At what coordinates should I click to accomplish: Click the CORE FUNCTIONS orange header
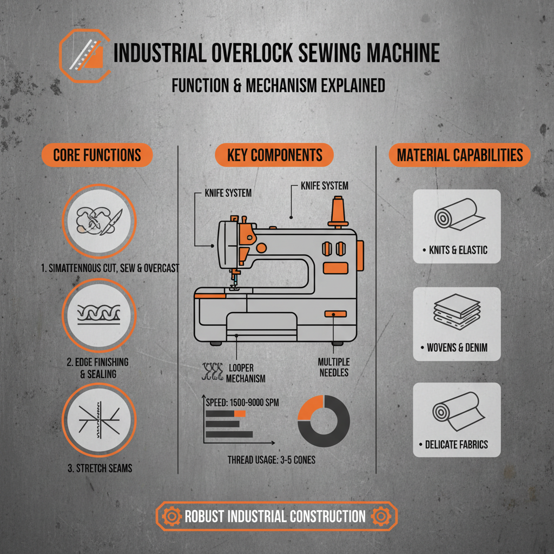pos(97,156)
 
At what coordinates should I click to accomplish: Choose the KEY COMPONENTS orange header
pos(274,156)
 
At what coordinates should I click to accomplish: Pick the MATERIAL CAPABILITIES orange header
pos(460,156)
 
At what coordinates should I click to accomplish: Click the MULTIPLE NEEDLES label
pos(334,366)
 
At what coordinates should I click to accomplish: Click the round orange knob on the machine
pos(262,248)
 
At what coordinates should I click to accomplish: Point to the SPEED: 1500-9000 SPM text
pos(243,402)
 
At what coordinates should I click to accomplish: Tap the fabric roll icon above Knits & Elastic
pos(456,216)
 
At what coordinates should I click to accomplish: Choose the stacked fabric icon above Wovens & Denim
pos(456,315)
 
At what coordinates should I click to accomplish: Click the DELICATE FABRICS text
pos(456,445)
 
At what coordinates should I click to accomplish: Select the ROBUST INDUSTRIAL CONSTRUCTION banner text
pos(275,516)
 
